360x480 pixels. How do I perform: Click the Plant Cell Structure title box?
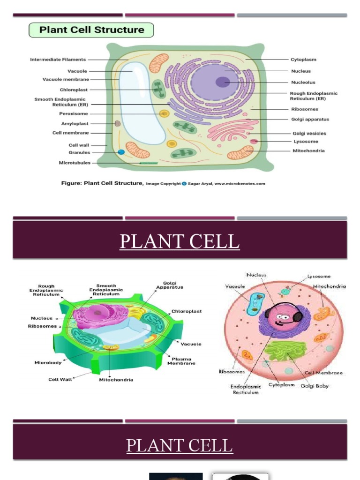coord(91,30)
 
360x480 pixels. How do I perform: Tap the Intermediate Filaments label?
coord(58,60)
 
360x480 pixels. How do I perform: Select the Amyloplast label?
coord(75,124)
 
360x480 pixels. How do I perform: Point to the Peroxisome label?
coord(73,113)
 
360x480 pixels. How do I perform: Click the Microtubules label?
coord(75,163)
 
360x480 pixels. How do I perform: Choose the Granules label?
coord(79,152)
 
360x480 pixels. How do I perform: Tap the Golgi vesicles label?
coord(309,134)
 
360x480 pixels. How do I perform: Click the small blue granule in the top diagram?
coord(121,152)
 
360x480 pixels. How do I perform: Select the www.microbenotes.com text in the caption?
coord(240,184)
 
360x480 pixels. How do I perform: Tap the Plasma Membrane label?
coord(181,361)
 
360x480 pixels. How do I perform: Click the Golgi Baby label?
coord(315,386)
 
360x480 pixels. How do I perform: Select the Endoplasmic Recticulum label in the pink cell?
coord(246,389)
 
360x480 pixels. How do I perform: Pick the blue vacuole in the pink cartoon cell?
coord(256,304)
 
